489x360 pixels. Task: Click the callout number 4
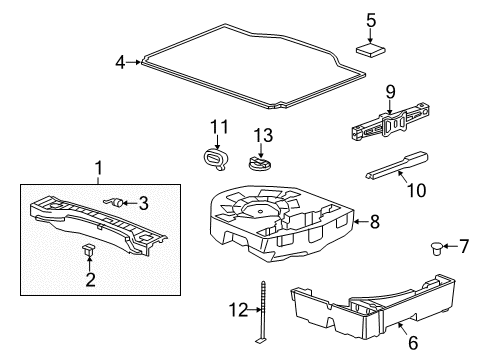(x=121, y=63)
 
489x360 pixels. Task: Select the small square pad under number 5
(x=370, y=50)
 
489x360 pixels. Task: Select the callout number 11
(x=218, y=127)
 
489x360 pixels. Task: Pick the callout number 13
(x=262, y=135)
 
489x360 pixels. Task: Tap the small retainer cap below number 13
(x=262, y=162)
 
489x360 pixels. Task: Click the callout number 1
(x=99, y=165)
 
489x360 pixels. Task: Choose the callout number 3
(x=144, y=204)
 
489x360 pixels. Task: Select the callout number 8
(x=375, y=222)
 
